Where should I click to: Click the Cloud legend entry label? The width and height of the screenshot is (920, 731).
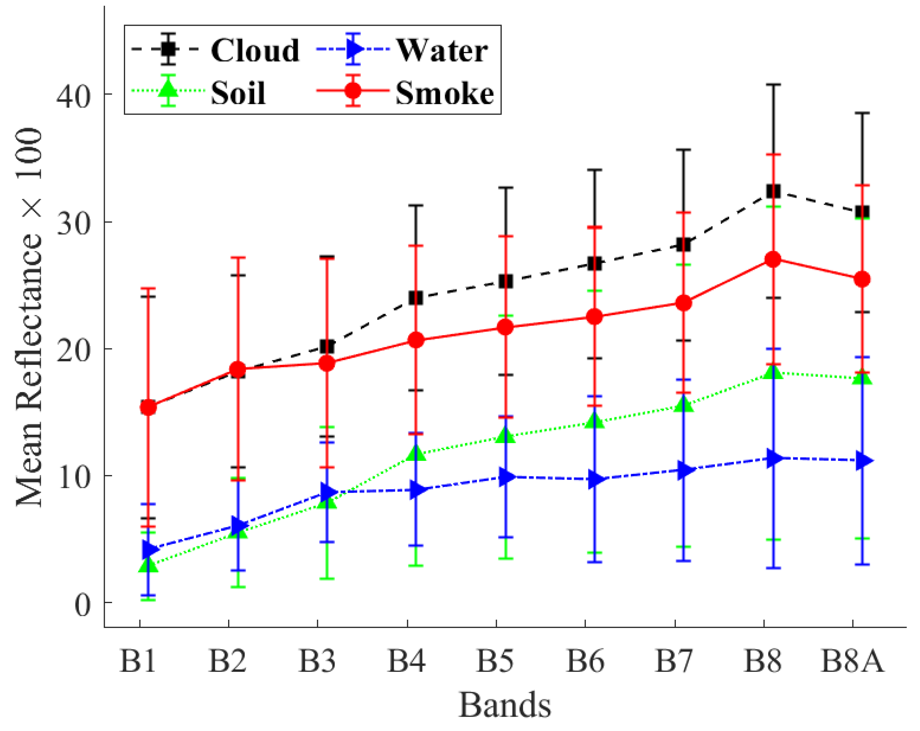255,50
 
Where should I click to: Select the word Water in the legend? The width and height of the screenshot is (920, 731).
442,50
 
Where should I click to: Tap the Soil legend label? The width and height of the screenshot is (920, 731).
238,93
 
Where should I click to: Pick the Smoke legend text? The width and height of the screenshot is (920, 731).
444,93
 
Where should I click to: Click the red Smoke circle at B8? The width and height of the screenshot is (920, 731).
773,259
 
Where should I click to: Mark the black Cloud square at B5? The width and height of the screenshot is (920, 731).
506,281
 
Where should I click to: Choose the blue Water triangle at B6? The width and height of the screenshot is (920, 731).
596,480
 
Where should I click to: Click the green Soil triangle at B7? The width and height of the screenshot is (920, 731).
684,404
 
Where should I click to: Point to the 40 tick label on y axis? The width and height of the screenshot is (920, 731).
73,95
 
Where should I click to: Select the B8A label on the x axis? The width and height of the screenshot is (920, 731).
852,661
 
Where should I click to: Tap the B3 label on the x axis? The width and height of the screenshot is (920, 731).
317,661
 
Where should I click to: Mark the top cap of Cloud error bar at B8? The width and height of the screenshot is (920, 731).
773,85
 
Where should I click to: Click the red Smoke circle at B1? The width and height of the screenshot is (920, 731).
148,407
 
